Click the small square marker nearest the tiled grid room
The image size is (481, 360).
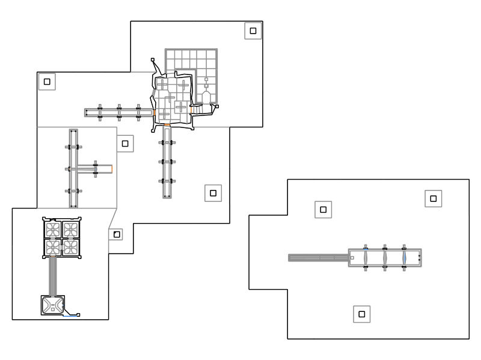[x=253, y=31]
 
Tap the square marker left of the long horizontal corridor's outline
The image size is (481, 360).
[x=47, y=81]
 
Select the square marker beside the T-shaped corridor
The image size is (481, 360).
[x=125, y=144]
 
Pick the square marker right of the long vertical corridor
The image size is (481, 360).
[x=212, y=193]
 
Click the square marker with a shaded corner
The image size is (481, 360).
[x=117, y=233]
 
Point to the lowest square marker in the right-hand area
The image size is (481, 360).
[x=361, y=314]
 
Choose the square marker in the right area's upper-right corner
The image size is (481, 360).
[x=433, y=198]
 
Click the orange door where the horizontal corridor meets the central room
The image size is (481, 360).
[x=155, y=112]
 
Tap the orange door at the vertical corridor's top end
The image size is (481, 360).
[x=167, y=125]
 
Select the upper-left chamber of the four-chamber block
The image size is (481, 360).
[x=52, y=229]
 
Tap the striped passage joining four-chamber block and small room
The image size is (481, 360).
[x=54, y=276]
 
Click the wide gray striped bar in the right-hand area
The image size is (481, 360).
[x=318, y=258]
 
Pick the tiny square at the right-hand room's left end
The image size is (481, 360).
[x=352, y=258]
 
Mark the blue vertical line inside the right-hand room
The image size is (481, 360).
[x=405, y=258]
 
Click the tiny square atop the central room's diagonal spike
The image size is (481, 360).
[x=153, y=59]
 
